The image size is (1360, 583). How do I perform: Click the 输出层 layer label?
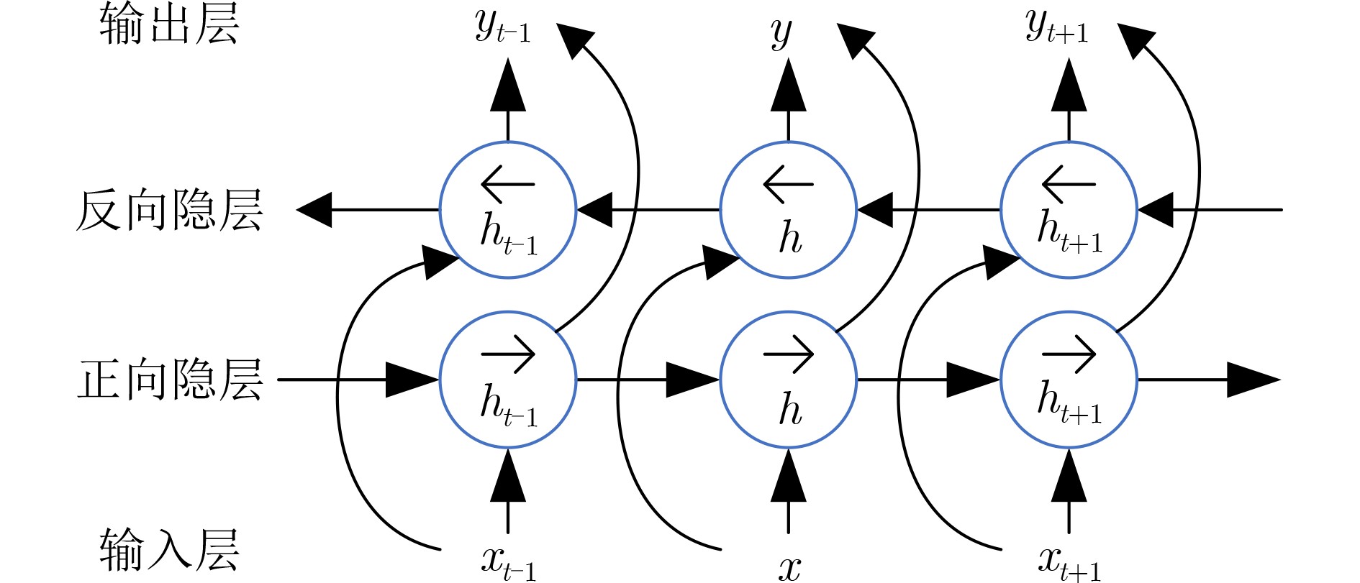(x=169, y=24)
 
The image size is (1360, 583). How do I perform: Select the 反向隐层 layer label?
(x=169, y=211)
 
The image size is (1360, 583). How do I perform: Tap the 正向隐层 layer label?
(x=169, y=380)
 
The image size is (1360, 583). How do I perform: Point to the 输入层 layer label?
(x=169, y=550)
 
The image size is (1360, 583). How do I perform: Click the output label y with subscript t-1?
(x=502, y=29)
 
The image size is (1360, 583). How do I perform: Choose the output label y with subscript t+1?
(x=1056, y=29)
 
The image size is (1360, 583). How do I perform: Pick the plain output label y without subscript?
(x=781, y=32)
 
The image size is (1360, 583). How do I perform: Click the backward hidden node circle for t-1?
(x=508, y=210)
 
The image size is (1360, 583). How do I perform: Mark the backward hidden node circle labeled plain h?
(x=789, y=210)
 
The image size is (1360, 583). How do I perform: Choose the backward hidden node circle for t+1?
(x=1069, y=210)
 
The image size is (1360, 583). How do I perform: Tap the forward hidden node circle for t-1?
(x=508, y=380)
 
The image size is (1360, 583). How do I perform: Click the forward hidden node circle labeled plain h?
(x=789, y=380)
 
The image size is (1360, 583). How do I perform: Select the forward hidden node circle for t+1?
(x=1069, y=380)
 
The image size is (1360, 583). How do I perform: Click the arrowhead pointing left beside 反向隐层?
(x=314, y=210)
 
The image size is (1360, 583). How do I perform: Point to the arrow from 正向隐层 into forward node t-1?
(x=360, y=380)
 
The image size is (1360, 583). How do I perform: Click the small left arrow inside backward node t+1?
(x=1069, y=184)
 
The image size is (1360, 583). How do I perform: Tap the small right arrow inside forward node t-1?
(x=508, y=354)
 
